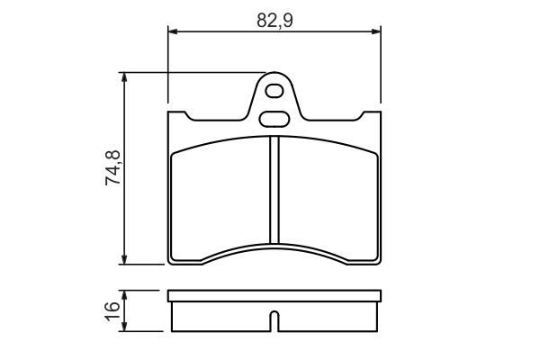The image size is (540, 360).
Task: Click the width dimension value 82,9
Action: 274,21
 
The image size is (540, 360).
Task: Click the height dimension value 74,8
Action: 113,167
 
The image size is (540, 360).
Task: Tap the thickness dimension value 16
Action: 112,310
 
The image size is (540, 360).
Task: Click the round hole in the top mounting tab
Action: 275,91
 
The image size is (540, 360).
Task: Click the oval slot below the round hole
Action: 274,117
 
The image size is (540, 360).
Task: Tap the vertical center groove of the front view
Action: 275,189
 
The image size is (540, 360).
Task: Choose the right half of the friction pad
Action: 328,193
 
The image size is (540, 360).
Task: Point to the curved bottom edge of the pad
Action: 275,246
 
